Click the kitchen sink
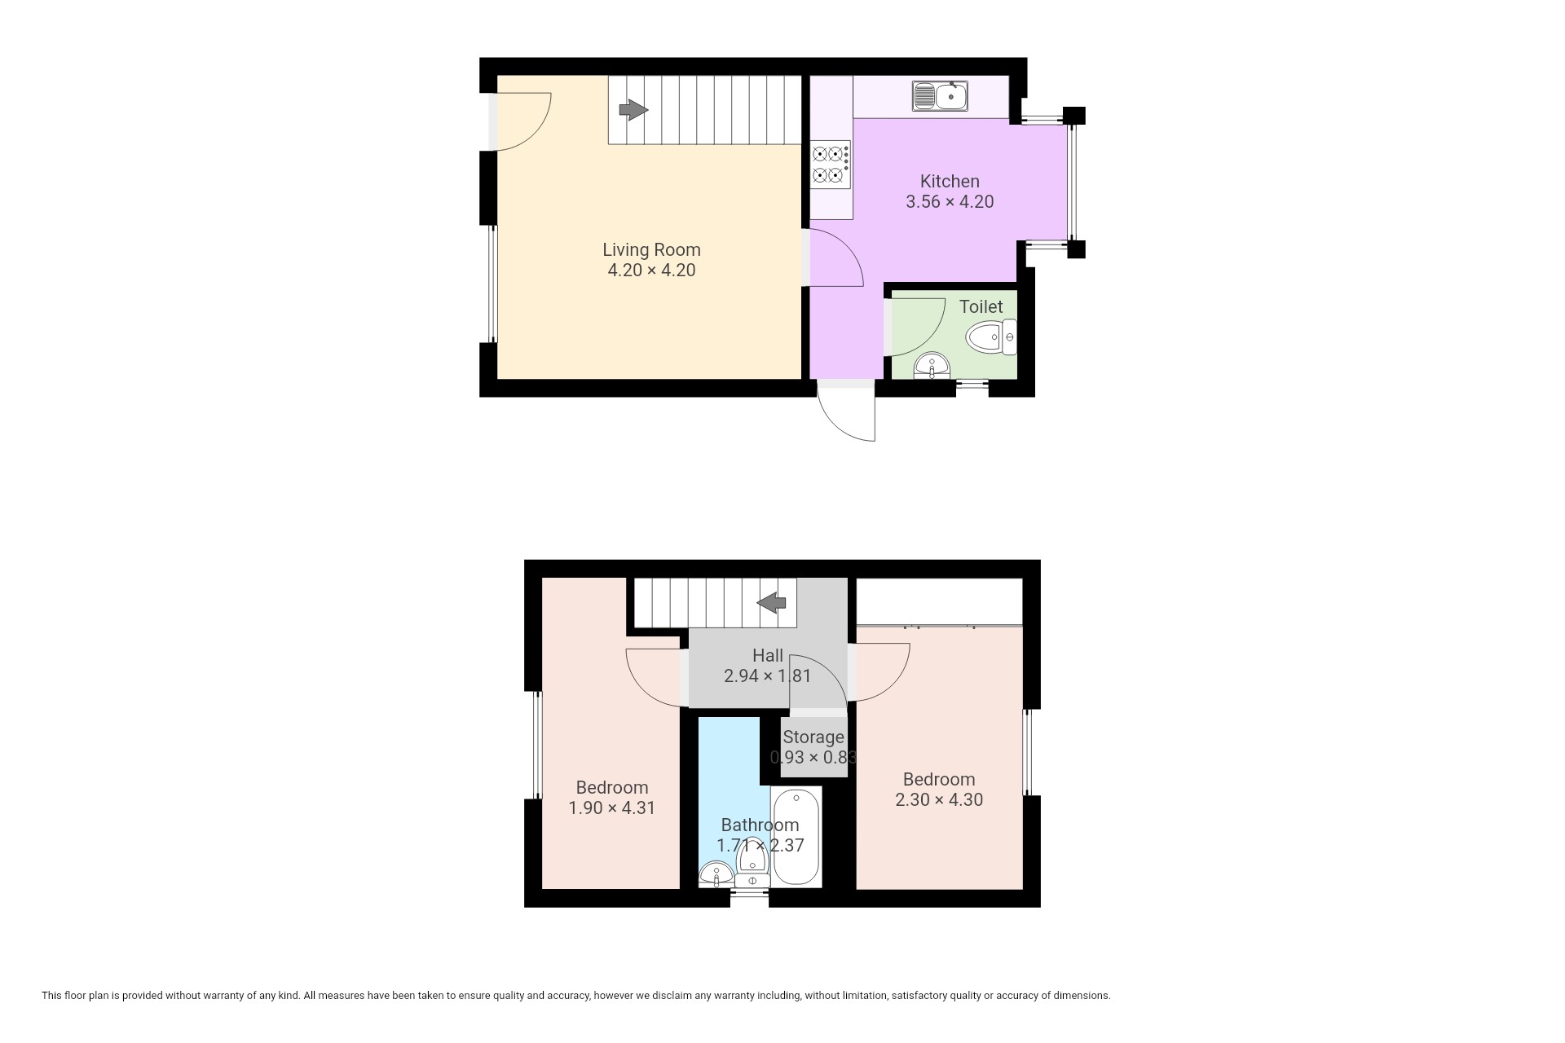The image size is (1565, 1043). [x=940, y=96]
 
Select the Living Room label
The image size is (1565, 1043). [x=651, y=249]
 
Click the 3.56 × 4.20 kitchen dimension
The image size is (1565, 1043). [x=950, y=201]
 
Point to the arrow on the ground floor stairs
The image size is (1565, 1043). [x=633, y=109]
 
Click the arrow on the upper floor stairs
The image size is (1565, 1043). [x=771, y=603]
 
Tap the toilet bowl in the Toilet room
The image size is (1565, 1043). [x=991, y=337]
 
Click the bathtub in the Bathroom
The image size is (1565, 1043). [x=796, y=837]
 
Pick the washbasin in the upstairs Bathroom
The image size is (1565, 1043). [x=716, y=874]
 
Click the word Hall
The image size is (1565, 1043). [x=768, y=655]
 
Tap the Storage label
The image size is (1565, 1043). [x=813, y=737]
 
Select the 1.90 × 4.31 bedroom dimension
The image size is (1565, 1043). [x=611, y=808]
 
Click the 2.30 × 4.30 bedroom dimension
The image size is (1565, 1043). [x=939, y=799]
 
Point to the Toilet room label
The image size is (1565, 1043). [x=981, y=306]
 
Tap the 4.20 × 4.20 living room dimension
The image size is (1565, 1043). [x=651, y=270]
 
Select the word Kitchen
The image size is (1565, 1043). [x=950, y=181]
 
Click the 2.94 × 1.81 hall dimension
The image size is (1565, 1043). [x=768, y=676]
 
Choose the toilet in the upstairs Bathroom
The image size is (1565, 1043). [x=752, y=865]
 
